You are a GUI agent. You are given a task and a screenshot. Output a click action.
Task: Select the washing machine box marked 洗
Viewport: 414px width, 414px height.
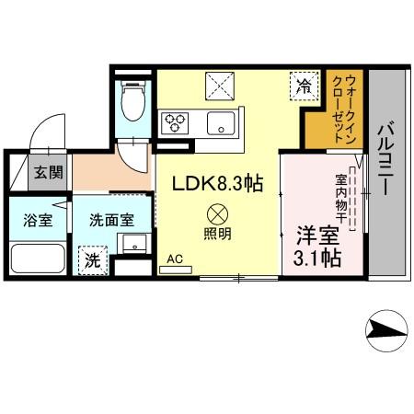coord(91,260)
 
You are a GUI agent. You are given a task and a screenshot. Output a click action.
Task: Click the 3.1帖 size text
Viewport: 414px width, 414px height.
coord(316,259)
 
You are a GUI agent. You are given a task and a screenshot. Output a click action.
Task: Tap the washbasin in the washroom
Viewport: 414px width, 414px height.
coord(133,244)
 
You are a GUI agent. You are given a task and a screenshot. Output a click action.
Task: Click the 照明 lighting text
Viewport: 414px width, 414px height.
coord(218,234)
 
